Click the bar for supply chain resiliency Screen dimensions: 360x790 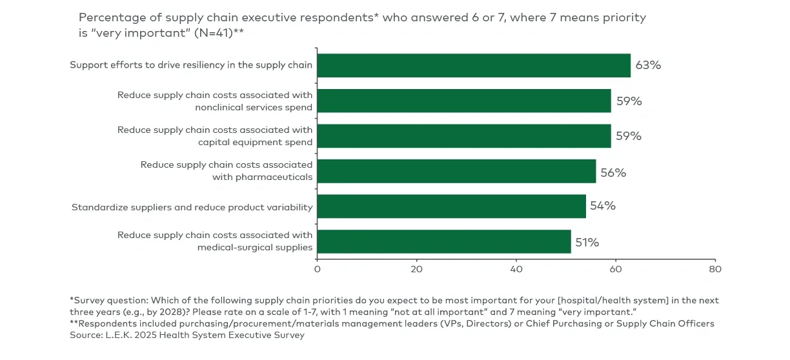(474, 65)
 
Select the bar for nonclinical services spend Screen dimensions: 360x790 (464, 101)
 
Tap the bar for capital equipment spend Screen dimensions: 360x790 (464, 135)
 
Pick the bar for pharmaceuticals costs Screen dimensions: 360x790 (456, 171)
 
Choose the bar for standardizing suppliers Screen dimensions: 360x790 (451, 206)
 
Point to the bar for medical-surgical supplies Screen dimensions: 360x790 (444, 241)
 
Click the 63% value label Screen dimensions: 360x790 (648, 65)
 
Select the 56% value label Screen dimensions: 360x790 (613, 172)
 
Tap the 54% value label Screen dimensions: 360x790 (603, 206)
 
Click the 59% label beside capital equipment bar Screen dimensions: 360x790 (628, 136)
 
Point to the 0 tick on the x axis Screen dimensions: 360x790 (317, 268)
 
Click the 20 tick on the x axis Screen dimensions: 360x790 (416, 268)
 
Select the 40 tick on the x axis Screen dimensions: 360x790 (516, 268)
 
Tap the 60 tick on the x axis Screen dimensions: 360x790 (615, 268)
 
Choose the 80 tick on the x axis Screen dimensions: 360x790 (714, 268)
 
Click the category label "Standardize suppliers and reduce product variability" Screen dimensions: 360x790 (192, 207)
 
